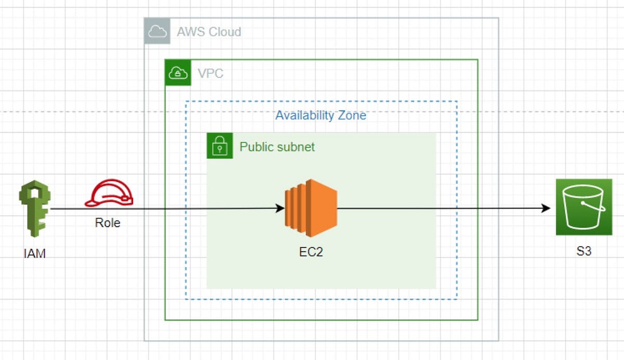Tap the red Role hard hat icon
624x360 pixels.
pyautogui.click(x=109, y=195)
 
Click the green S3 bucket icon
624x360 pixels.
pyautogui.click(x=583, y=207)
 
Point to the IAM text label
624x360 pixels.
pyautogui.click(x=34, y=254)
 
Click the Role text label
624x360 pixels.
pyautogui.click(x=108, y=223)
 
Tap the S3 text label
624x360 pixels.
pyautogui.click(x=583, y=252)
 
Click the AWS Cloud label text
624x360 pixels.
pyautogui.click(x=209, y=32)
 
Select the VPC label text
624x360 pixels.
pyautogui.click(x=211, y=73)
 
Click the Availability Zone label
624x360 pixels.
pyautogui.click(x=321, y=115)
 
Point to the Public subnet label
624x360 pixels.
pyautogui.click(x=277, y=147)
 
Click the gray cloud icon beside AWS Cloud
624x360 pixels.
pyautogui.click(x=157, y=32)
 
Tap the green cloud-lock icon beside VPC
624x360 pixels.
pyautogui.click(x=178, y=73)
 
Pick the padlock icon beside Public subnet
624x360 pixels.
pyautogui.click(x=220, y=146)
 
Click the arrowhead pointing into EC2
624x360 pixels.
pyautogui.click(x=280, y=209)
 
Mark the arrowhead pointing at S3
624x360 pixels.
pyautogui.click(x=545, y=209)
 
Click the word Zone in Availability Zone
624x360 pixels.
pyautogui.click(x=353, y=115)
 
